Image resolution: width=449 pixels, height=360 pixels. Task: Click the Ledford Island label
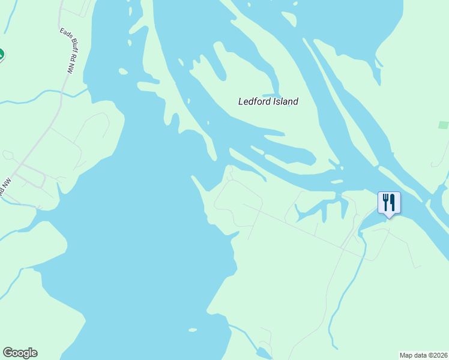click(268, 101)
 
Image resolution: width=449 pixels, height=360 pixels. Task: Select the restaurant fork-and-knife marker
click(389, 203)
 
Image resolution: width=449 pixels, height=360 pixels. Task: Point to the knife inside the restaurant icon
click(393, 202)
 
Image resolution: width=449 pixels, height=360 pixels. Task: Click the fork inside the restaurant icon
click(385, 202)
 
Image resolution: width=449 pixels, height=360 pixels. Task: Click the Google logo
click(20, 353)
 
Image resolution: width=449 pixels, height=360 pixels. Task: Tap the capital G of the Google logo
click(7, 353)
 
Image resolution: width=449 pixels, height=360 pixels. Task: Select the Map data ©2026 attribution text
click(424, 355)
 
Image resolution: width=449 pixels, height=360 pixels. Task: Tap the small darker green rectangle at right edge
click(443, 125)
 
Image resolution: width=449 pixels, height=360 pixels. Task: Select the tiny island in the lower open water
click(192, 329)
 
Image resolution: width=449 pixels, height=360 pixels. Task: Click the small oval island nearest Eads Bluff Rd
click(123, 71)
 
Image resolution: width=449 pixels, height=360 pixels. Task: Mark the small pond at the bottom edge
click(263, 353)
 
